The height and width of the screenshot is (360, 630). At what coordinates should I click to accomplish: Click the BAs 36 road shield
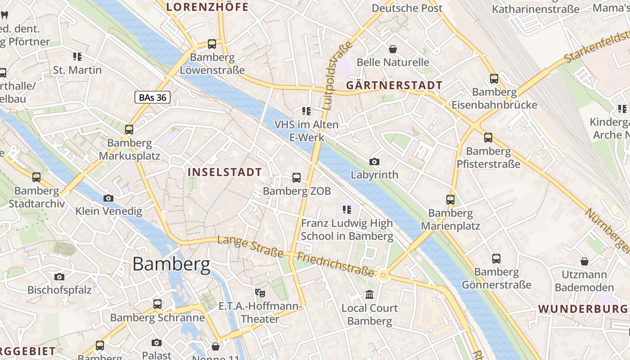153,97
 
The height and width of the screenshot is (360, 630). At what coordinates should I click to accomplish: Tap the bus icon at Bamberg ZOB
297,177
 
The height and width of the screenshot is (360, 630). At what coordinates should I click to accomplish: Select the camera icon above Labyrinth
374,162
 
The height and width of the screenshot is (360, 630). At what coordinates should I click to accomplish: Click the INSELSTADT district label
225,172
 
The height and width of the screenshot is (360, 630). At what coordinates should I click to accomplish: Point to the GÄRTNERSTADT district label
394,85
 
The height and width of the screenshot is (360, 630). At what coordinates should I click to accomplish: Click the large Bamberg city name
171,264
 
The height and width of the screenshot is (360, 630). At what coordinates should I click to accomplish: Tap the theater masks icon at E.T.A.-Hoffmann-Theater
260,293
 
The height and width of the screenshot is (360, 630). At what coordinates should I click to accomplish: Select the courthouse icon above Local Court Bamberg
369,295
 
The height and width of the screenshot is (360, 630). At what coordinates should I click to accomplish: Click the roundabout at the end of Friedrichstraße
383,275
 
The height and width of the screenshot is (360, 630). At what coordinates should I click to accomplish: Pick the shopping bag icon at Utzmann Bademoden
584,261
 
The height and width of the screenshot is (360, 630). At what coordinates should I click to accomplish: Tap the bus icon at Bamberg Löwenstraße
212,44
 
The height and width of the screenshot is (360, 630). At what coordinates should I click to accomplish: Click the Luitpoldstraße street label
333,76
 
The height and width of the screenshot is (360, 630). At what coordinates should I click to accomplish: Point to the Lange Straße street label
250,246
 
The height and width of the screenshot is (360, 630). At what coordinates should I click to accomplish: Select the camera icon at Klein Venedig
108,198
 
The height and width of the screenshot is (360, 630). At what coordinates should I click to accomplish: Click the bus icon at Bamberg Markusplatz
129,130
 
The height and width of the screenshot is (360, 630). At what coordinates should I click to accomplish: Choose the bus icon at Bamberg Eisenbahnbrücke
494,79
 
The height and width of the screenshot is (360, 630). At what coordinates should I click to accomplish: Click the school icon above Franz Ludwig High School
346,209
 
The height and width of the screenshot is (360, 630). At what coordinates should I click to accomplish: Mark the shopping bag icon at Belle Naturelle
393,49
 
